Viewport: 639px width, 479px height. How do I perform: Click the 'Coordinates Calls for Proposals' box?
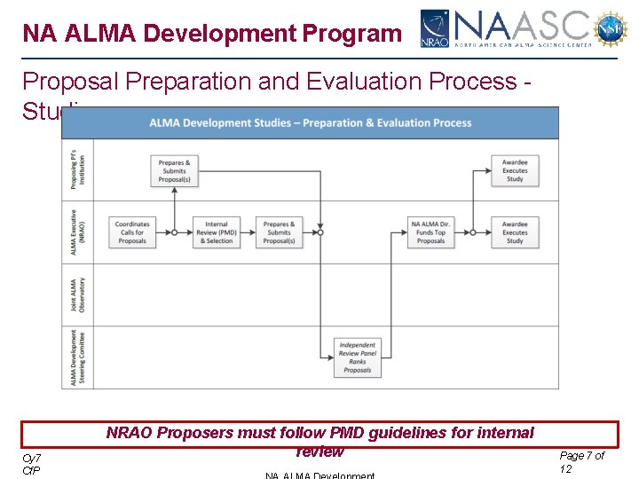click(132, 232)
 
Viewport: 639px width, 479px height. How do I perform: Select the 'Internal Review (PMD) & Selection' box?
click(217, 232)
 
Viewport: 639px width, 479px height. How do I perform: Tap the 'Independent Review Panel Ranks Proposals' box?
click(357, 357)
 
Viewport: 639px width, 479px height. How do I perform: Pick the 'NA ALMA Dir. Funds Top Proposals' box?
click(431, 232)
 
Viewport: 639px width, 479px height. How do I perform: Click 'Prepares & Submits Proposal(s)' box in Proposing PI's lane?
click(174, 171)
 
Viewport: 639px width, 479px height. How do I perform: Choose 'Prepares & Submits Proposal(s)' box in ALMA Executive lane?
click(279, 232)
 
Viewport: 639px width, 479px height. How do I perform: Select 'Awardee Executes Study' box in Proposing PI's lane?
click(515, 171)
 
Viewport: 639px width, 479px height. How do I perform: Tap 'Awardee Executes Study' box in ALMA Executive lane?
click(515, 232)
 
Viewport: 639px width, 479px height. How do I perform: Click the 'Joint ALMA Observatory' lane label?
click(78, 294)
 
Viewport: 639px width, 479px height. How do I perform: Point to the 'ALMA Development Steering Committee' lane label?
click(78, 357)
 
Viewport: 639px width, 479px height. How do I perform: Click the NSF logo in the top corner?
click(611, 28)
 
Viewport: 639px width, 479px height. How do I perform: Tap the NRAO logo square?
click(435, 28)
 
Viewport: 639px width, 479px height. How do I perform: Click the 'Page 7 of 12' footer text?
click(582, 461)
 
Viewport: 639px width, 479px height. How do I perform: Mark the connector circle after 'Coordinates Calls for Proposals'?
click(174, 232)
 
